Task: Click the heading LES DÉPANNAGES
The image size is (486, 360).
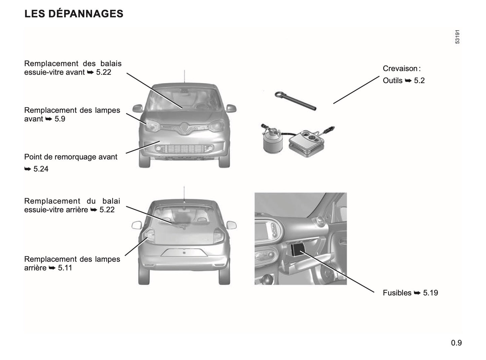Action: (74, 14)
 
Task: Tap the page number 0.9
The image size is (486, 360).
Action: (456, 343)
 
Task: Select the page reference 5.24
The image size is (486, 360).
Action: (41, 169)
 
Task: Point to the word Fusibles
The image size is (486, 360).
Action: (397, 293)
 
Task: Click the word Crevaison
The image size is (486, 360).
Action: (400, 69)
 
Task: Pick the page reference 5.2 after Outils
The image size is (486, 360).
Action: (419, 81)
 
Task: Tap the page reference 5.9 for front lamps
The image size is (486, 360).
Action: (60, 119)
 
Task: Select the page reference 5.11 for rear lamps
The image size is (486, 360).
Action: (65, 268)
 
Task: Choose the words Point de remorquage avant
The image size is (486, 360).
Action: (71, 157)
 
